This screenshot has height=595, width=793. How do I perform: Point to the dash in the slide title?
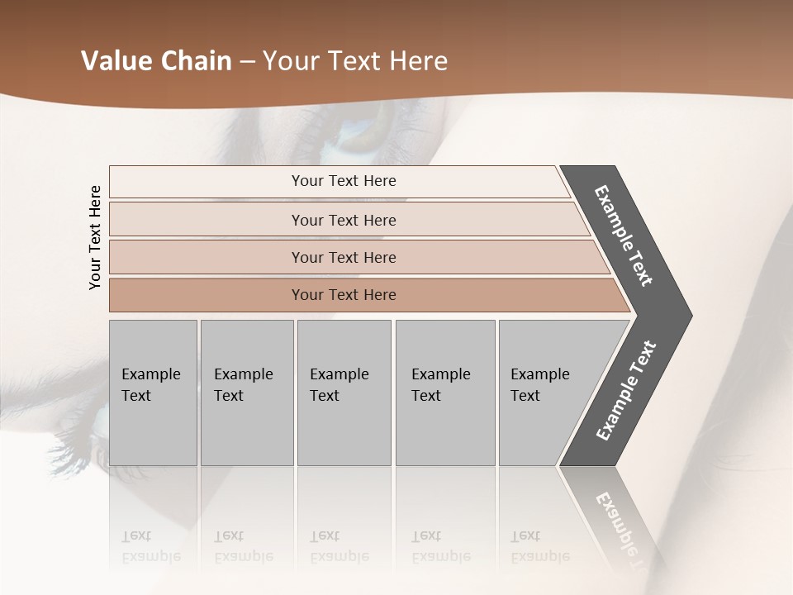point(246,62)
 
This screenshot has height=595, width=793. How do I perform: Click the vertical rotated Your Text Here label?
point(95,237)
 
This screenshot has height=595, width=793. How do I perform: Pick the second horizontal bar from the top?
point(343,220)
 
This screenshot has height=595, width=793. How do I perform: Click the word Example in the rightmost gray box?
point(539,374)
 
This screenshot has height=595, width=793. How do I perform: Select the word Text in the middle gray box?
point(325,396)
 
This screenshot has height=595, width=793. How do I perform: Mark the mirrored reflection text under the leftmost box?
point(150,547)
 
